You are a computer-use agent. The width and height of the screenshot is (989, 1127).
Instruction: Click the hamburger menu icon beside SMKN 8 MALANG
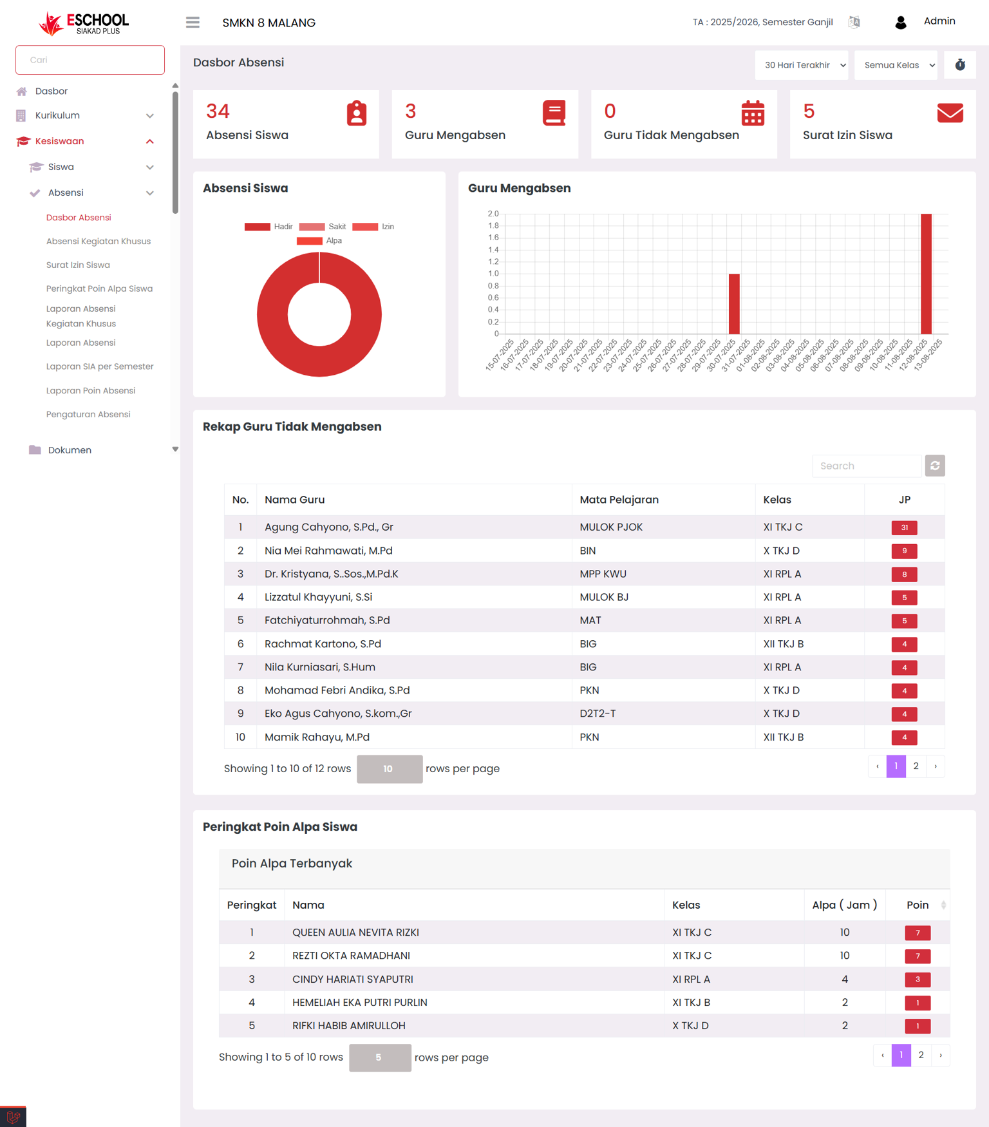(193, 23)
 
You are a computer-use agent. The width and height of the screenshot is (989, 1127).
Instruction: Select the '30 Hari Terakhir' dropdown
(802, 65)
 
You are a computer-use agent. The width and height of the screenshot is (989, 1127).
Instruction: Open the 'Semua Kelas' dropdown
(896, 65)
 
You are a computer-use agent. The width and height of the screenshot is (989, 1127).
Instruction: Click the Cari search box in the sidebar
(90, 60)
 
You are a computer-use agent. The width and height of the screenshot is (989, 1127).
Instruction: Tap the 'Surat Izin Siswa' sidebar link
(78, 265)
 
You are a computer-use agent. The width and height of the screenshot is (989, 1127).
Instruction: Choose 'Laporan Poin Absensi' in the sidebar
(91, 390)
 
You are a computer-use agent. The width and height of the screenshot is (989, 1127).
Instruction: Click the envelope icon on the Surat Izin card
(950, 113)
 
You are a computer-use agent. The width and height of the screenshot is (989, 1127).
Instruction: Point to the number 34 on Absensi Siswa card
(218, 111)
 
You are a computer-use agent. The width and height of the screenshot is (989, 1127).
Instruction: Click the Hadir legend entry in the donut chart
(268, 227)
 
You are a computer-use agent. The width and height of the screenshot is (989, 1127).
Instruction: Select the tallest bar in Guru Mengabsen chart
(926, 274)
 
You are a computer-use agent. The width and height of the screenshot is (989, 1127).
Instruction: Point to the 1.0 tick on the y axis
(493, 274)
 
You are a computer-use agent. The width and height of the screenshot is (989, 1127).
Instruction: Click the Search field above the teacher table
(867, 466)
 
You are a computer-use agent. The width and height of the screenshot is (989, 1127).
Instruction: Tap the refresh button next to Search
(935, 466)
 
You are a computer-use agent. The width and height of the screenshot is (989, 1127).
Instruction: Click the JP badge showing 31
(904, 527)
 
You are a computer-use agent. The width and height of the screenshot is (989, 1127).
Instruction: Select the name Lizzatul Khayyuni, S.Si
(318, 597)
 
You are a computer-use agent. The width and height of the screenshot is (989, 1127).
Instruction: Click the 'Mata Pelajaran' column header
(619, 500)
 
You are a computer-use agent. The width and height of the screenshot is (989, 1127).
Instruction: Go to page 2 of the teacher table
(916, 766)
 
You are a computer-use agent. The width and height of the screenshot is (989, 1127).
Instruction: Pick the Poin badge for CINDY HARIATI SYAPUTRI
(918, 980)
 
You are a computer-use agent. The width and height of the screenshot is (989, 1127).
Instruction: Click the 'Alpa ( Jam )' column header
(844, 905)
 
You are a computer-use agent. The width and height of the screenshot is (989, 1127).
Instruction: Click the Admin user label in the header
(939, 21)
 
